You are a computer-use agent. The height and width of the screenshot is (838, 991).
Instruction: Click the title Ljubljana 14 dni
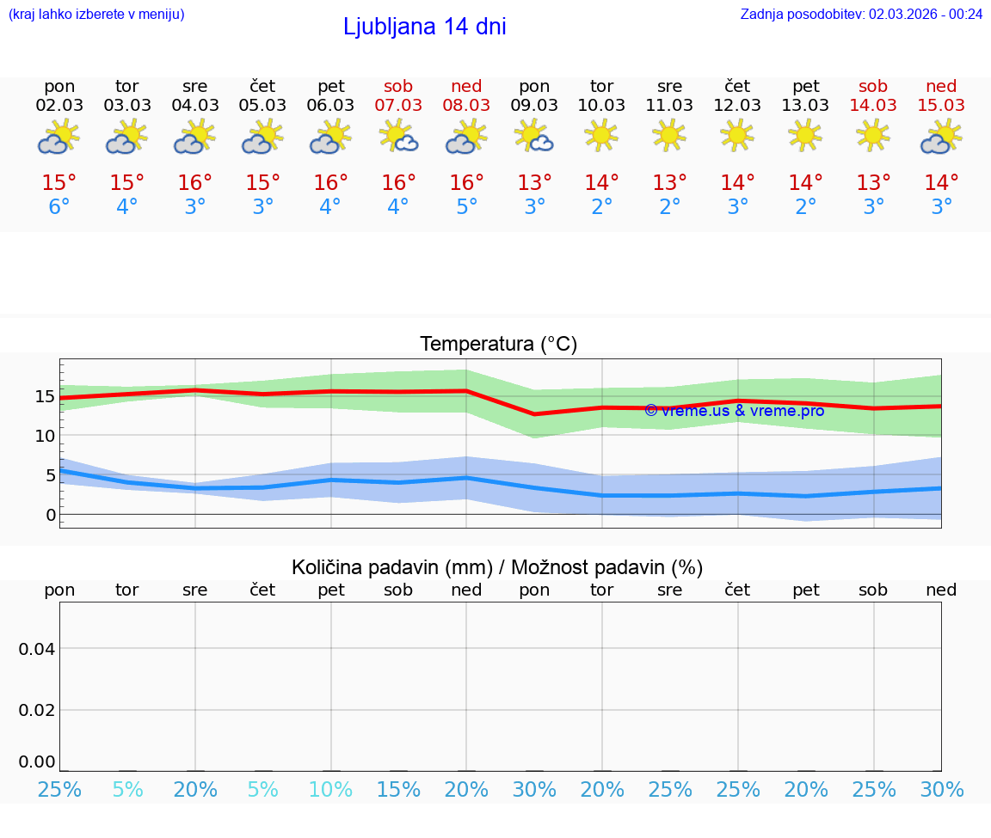pyautogui.click(x=424, y=27)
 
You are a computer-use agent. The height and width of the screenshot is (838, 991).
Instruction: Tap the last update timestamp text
pyautogui.click(x=861, y=14)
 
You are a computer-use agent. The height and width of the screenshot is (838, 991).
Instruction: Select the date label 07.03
pyautogui.click(x=398, y=106)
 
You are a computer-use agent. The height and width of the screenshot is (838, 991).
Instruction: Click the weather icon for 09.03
pyautogui.click(x=534, y=137)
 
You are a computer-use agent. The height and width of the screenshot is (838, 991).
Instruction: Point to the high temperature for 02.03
pyautogui.click(x=59, y=183)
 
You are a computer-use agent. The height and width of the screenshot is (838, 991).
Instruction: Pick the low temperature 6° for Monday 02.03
pyautogui.click(x=59, y=207)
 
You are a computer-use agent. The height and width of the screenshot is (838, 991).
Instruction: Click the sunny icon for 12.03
pyautogui.click(x=737, y=136)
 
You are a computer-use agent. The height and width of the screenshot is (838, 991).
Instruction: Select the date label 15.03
pyautogui.click(x=941, y=106)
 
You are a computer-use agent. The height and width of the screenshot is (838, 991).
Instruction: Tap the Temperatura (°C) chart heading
pyautogui.click(x=498, y=345)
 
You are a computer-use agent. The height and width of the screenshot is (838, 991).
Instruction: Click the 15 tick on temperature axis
pyautogui.click(x=45, y=396)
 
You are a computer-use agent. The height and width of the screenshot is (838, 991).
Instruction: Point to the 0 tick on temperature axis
pyautogui.click(x=50, y=515)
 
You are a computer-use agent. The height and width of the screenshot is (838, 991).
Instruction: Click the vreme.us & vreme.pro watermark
pyautogui.click(x=734, y=411)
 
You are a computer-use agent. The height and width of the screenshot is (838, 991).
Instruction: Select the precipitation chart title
pyautogui.click(x=497, y=567)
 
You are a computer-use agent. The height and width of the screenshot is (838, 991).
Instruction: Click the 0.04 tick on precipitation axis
pyautogui.click(x=37, y=649)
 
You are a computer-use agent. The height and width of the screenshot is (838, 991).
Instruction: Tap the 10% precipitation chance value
pyautogui.click(x=331, y=789)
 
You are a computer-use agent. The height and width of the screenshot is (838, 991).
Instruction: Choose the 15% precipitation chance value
pyautogui.click(x=398, y=789)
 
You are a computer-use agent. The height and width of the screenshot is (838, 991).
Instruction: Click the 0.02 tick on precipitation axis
pyautogui.click(x=37, y=710)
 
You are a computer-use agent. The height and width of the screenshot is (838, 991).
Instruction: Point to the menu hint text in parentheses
pyautogui.click(x=96, y=14)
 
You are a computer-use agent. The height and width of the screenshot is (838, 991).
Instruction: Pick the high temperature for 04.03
pyautogui.click(x=195, y=183)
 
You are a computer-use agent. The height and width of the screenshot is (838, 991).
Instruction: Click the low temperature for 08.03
pyautogui.click(x=466, y=207)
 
